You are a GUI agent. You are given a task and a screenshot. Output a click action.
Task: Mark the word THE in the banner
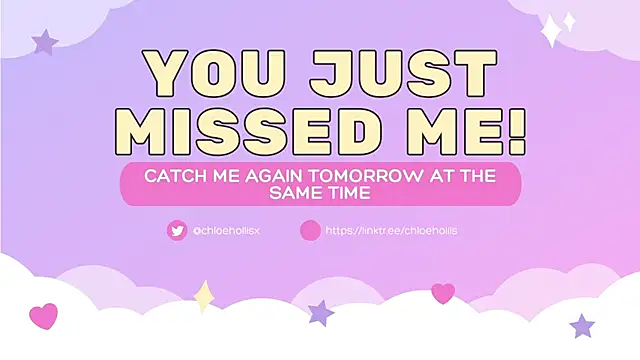480,174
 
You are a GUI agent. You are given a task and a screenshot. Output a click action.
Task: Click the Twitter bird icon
177,231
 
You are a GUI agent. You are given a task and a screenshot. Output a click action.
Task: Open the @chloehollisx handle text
227,231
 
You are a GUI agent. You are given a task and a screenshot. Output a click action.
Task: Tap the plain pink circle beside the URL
310,231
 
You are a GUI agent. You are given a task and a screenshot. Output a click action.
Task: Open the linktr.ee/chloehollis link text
391,231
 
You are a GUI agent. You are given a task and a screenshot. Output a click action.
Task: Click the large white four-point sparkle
551,33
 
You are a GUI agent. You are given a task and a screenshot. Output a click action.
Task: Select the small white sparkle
569,20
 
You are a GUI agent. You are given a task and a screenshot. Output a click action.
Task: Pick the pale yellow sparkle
204,296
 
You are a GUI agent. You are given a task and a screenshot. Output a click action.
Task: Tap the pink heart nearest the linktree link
443,293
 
